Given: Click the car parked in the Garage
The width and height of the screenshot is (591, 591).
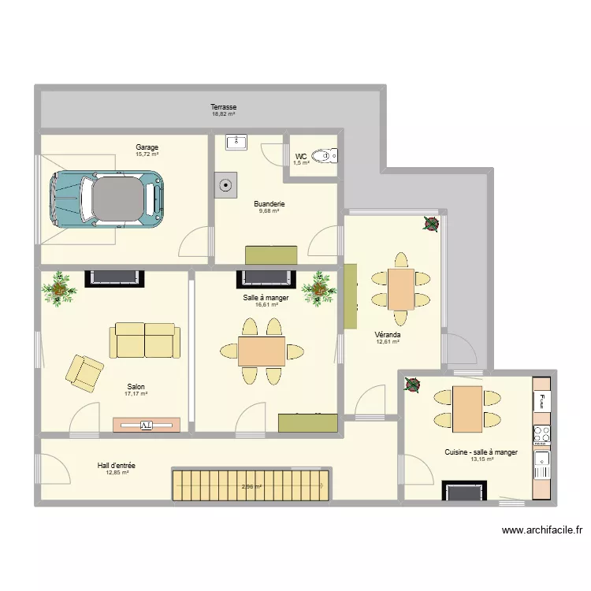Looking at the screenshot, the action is pos(106,199).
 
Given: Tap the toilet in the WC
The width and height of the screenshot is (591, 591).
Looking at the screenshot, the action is pos(325,156).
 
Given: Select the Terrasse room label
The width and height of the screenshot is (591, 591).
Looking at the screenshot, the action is pos(224,107).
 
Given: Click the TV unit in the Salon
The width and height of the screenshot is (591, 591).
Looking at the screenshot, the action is pos(147,426).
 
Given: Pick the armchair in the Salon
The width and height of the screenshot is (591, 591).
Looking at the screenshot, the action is pos(85,374).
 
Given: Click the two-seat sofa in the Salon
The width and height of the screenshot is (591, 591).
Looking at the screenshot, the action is pos(145,340).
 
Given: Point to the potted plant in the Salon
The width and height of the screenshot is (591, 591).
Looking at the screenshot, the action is pos(59,288).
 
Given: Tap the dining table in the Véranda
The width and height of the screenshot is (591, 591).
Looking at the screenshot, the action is pos(401,289).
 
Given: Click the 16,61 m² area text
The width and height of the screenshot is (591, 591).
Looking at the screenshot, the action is pos(267,304).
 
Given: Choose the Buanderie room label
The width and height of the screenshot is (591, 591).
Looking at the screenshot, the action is pos(269,204).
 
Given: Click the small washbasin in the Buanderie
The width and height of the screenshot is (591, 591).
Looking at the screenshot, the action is pos(236,142).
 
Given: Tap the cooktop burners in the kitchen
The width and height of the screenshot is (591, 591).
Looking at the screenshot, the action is pos(542,434).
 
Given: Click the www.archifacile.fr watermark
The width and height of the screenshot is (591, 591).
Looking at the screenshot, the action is pos(542,530).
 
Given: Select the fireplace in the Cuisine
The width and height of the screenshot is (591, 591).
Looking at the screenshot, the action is pos(464,490).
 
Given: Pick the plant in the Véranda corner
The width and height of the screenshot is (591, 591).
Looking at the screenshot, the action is pos(431,224).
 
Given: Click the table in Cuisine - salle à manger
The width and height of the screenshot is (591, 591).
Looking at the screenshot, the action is pos(467,409).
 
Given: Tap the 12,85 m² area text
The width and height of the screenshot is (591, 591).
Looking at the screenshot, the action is pos(117,472).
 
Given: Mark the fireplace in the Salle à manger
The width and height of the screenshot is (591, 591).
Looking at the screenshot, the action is pos(266,279).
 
